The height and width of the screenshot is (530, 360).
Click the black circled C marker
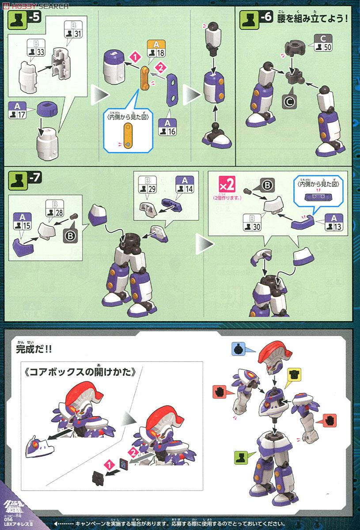click(289, 102)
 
